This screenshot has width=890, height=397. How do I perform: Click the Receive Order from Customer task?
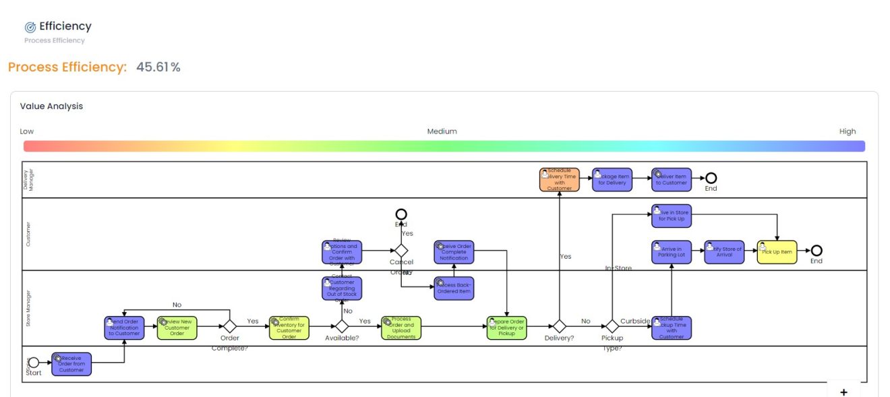(71, 364)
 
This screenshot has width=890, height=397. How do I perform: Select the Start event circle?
(34, 363)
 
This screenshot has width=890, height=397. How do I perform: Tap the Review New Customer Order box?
(177, 328)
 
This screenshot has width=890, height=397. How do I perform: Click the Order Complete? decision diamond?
(230, 326)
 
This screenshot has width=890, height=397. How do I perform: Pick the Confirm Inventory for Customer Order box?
(289, 328)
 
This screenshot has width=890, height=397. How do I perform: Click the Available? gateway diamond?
(342, 326)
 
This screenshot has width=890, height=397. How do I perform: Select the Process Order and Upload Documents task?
(400, 328)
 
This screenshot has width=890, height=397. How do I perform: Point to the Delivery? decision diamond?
(559, 326)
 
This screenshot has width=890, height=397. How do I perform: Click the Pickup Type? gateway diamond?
(612, 326)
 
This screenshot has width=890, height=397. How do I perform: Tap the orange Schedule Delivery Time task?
(559, 179)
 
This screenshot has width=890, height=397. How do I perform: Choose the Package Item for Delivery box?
(612, 179)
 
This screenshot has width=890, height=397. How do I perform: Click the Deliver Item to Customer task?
(671, 179)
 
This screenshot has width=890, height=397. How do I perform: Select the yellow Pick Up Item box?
(777, 251)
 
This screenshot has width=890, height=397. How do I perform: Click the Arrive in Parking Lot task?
(671, 251)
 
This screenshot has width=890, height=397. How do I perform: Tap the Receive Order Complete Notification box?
(453, 252)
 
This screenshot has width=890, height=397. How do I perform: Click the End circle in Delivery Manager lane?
(711, 178)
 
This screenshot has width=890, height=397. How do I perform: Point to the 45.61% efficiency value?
(158, 67)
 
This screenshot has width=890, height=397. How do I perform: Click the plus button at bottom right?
(843, 392)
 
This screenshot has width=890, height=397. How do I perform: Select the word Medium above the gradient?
(442, 131)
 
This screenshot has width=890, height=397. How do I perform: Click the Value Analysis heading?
(51, 106)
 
